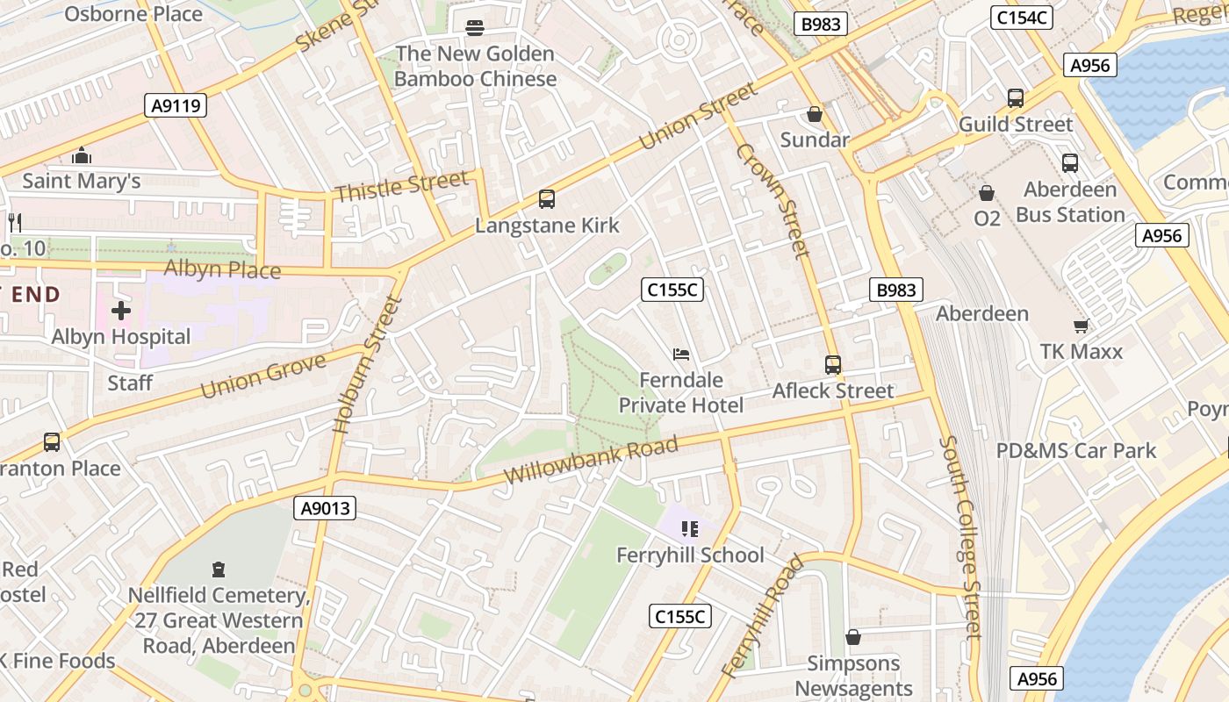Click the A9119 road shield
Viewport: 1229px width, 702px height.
176,106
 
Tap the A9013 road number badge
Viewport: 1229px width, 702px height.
325,508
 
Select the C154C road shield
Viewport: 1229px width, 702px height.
1021,18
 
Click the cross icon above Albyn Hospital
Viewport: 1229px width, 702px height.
121,311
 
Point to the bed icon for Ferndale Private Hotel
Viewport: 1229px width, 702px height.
681,355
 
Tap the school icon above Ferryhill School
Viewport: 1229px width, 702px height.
690,529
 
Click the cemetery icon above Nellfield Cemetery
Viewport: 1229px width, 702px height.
219,569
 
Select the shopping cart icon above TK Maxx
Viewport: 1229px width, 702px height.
1081,326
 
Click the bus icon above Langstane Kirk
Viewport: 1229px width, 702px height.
547,199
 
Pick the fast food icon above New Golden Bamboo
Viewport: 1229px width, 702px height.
475,28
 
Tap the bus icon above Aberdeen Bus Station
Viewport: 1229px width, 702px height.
1069,162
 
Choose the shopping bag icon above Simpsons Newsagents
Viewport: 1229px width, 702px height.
852,637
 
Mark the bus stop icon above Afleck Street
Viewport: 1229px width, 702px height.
832,364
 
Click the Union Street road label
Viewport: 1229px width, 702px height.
698,116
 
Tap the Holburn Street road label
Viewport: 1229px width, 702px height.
367,364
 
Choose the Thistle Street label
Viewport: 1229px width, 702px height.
401,186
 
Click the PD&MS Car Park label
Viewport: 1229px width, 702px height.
1075,450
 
